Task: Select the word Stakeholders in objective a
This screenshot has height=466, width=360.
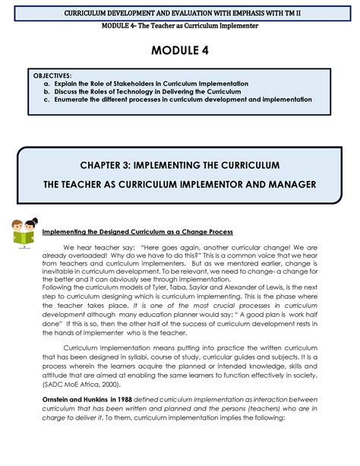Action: pyautogui.click(x=150, y=84)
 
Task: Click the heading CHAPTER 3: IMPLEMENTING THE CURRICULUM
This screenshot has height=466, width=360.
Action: pyautogui.click(x=180, y=165)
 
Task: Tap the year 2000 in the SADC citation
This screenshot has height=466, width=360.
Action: pyautogui.click(x=110, y=385)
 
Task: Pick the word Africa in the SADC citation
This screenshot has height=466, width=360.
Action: pyautogui.click(x=90, y=385)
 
